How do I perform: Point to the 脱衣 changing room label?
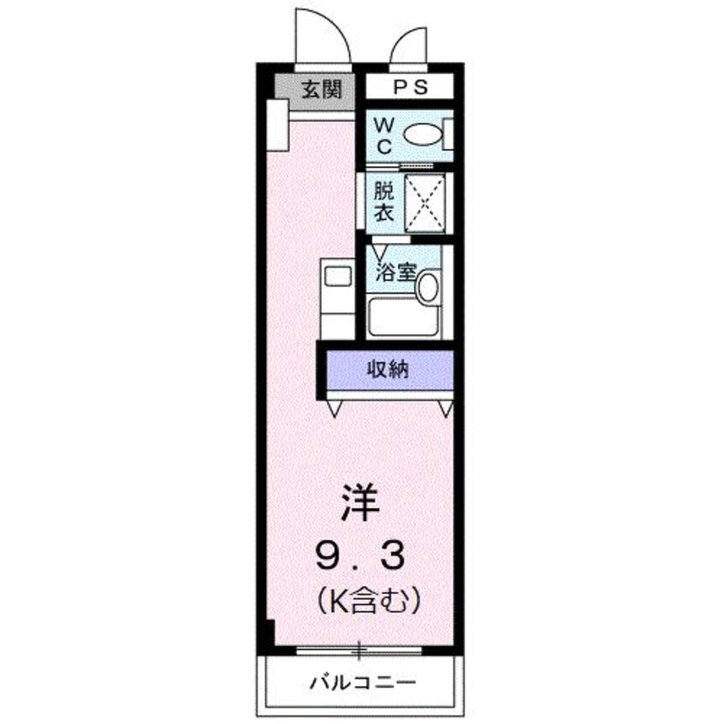(382, 202)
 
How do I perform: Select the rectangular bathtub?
(403, 317)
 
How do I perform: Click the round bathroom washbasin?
(427, 286)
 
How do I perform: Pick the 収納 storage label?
(388, 370)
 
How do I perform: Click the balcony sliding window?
(360, 650)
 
